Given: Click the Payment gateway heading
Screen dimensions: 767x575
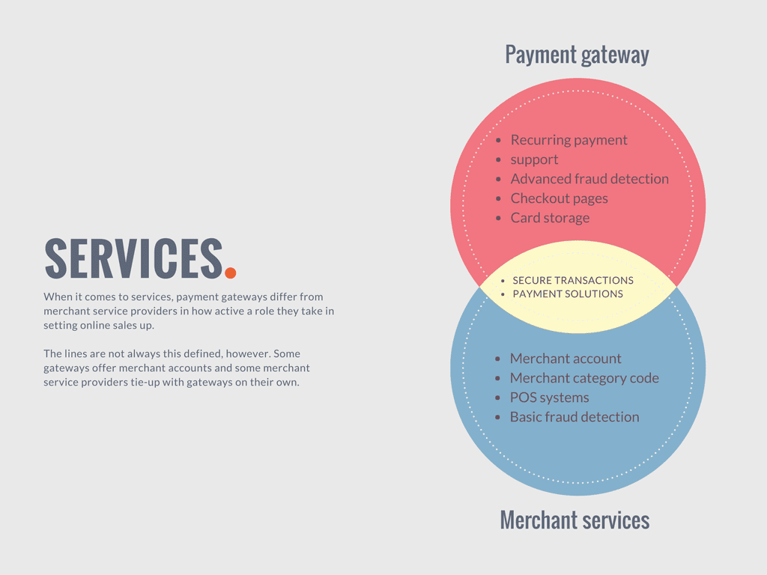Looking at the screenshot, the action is (x=577, y=55).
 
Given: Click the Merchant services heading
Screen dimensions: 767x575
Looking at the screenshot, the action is (x=575, y=520).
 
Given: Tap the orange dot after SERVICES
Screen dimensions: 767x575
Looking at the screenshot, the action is (x=231, y=273).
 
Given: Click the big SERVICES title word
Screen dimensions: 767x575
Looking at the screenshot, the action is (x=133, y=258).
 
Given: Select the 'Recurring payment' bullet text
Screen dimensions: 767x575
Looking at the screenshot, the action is (x=569, y=140).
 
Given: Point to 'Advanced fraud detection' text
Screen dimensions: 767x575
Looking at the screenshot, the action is (x=589, y=179).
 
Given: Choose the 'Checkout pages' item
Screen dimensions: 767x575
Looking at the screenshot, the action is (x=559, y=198).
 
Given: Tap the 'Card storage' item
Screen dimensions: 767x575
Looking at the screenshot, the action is (x=550, y=218).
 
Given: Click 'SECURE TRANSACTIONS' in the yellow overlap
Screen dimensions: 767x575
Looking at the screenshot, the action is (x=573, y=280).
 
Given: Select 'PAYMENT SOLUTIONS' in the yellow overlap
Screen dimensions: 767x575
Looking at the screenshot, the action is (x=568, y=293).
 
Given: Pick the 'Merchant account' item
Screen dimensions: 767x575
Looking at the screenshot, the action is (x=566, y=359).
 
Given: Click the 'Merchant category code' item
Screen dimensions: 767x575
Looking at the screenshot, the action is (x=584, y=378).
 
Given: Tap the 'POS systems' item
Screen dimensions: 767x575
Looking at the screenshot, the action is (x=549, y=398).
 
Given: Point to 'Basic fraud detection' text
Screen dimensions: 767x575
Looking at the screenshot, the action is (x=575, y=417).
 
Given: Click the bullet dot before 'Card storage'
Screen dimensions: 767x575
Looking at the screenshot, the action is (x=498, y=218).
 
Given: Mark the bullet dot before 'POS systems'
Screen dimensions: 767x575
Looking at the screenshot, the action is (x=498, y=398).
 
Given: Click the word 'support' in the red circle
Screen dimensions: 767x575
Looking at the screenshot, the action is (x=534, y=160).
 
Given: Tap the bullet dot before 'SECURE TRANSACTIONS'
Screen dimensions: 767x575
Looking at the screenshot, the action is (x=503, y=281).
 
